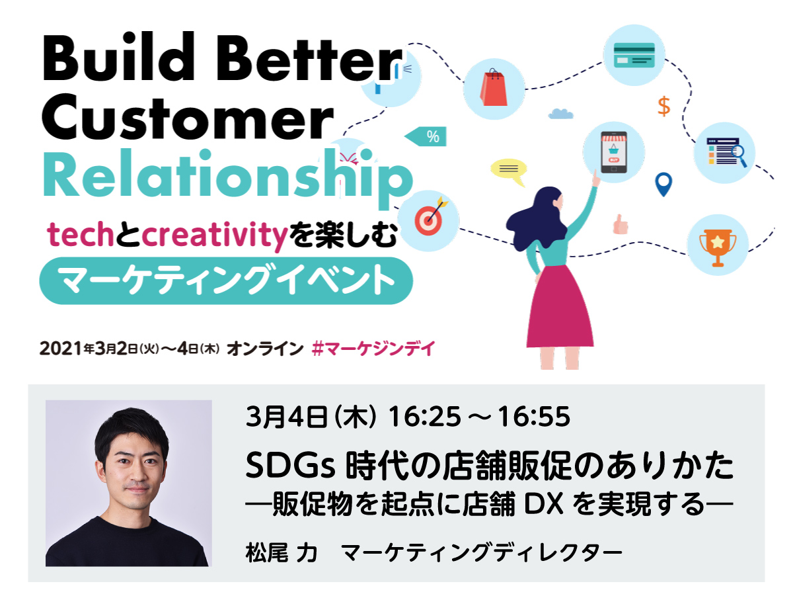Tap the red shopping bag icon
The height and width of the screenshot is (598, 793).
tap(494, 88)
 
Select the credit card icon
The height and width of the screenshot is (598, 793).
tap(634, 55)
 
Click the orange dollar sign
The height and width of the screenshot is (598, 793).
tap(663, 107)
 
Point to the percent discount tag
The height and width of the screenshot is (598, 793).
tap(426, 136)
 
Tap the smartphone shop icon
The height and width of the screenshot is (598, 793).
tap(613, 152)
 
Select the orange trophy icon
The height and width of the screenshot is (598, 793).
tap(718, 247)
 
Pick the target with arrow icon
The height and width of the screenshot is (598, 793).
tap(430, 216)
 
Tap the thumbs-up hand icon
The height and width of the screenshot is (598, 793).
tap(621, 224)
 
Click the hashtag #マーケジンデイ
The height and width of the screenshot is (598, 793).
tap(373, 349)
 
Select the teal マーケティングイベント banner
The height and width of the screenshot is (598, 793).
tap(226, 280)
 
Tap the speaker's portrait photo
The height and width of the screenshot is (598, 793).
tap(129, 483)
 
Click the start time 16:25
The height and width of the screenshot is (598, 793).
tap(424, 417)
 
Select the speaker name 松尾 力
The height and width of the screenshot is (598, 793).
tap(281, 553)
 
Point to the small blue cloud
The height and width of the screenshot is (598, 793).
tap(560, 114)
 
